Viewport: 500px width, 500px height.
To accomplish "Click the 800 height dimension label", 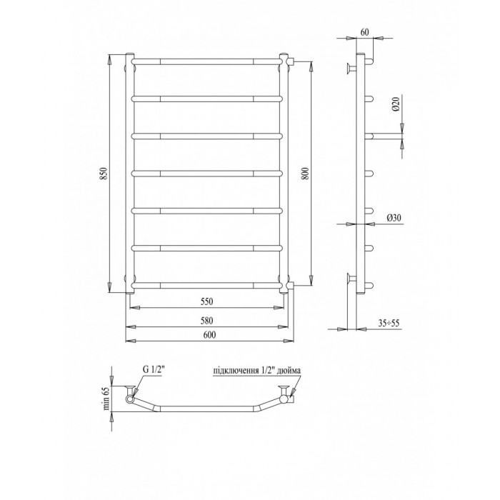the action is click(x=305, y=174).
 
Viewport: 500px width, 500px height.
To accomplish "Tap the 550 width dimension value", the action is click(x=206, y=301).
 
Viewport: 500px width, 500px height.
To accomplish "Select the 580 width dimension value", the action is click(x=206, y=321).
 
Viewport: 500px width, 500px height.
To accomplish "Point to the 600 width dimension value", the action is click(x=209, y=334).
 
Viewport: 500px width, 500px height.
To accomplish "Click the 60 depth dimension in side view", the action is click(x=364, y=32).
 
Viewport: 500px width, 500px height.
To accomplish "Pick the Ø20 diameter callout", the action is click(x=396, y=104).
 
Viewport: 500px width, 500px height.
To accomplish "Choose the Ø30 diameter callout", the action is click(x=394, y=218).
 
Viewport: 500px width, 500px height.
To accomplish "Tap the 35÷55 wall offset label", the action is click(x=389, y=324).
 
